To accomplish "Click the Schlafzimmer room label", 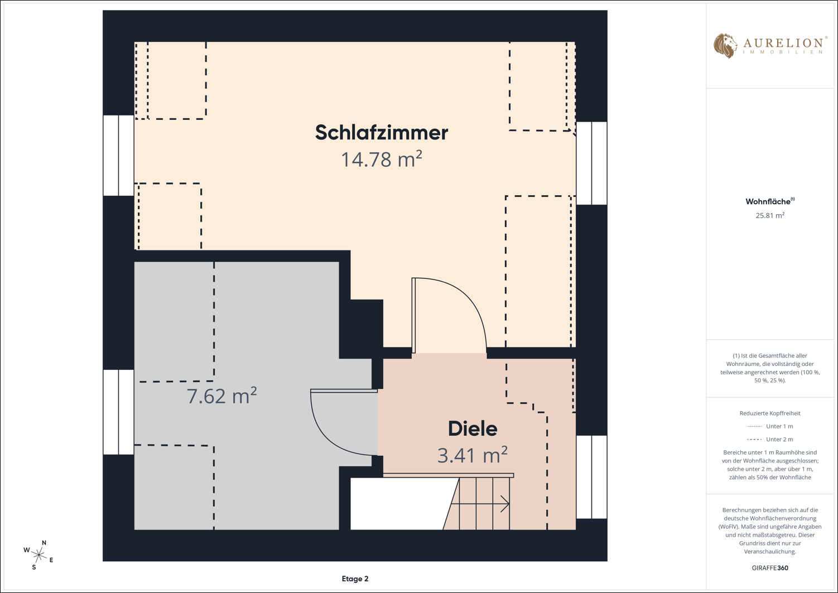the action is pyautogui.click(x=382, y=132).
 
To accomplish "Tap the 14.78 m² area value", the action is pyautogui.click(x=382, y=159).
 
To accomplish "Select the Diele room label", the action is pyautogui.click(x=473, y=429).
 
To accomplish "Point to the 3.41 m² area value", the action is pyautogui.click(x=473, y=455).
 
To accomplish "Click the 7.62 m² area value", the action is pyautogui.click(x=222, y=396).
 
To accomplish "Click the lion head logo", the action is pyautogui.click(x=725, y=46).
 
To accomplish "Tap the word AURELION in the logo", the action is pyautogui.click(x=783, y=43).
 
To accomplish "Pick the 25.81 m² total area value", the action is pyautogui.click(x=770, y=215).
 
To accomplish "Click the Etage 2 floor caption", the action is pyautogui.click(x=355, y=579).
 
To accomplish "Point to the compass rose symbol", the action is pyautogui.click(x=39, y=555).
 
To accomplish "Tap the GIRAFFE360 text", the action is pyautogui.click(x=770, y=568).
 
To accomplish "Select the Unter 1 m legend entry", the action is pyautogui.click(x=770, y=427).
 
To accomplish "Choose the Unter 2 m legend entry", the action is pyautogui.click(x=770, y=439).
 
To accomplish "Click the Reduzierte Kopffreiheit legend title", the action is pyautogui.click(x=770, y=413).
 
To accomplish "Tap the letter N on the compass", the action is pyautogui.click(x=44, y=543).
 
